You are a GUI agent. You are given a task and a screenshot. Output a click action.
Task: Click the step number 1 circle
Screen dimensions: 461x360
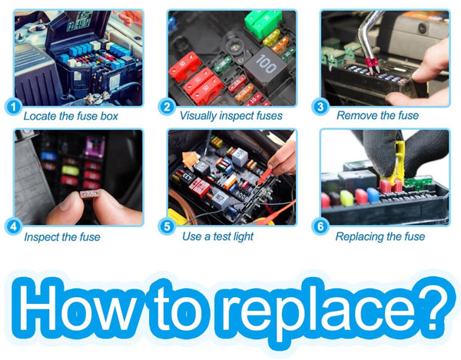tap(13, 107)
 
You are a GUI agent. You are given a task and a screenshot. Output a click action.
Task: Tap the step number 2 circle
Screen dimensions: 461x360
tap(167, 107)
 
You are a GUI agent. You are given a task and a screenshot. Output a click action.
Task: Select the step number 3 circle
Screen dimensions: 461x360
tap(320, 107)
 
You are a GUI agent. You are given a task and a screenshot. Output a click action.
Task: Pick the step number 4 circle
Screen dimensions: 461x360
tap(13, 226)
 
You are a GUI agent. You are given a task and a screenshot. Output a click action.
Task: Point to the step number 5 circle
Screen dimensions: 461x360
tap(167, 226)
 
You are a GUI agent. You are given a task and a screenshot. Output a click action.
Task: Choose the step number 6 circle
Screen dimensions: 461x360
tap(320, 226)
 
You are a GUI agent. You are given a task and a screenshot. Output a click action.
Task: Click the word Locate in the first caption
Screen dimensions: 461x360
tap(40, 116)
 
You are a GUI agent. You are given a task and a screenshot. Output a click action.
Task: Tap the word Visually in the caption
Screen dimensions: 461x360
tap(198, 116)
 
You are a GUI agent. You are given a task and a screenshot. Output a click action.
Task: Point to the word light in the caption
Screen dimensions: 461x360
tap(242, 236)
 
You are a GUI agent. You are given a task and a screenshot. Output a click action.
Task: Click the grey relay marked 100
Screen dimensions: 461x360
tap(266, 67)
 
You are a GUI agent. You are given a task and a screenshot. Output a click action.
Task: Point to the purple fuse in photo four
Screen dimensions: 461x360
tap(95, 146)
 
